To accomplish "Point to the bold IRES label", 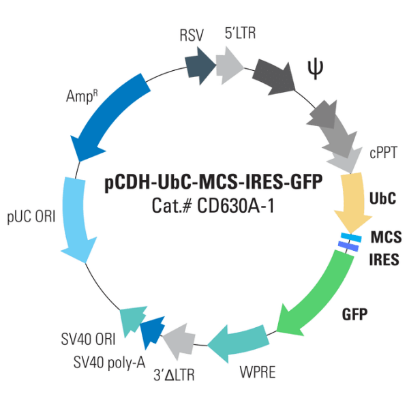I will [x=384, y=260].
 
